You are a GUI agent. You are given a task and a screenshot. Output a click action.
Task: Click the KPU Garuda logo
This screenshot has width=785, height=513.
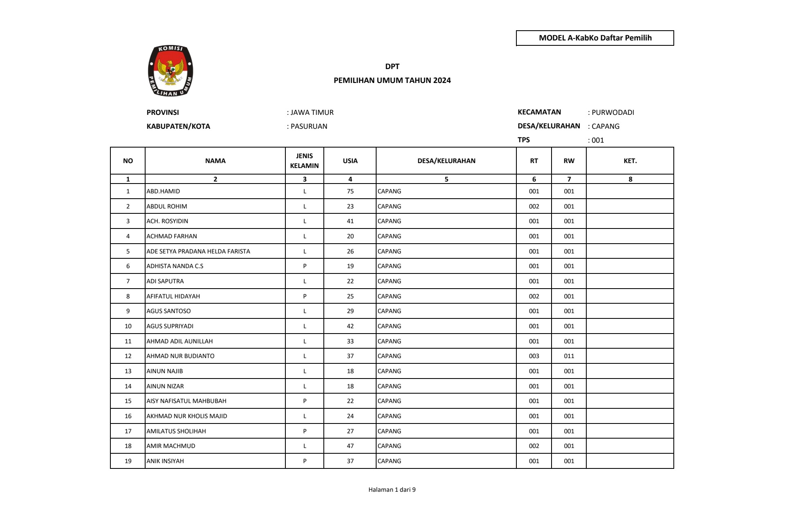click(170, 71)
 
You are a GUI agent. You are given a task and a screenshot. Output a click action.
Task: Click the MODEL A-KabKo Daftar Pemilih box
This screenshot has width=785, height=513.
click(595, 38)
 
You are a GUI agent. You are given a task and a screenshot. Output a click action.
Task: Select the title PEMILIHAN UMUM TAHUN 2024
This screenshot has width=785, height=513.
click(392, 81)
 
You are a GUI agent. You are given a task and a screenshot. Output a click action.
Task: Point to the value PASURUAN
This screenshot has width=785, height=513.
click(309, 126)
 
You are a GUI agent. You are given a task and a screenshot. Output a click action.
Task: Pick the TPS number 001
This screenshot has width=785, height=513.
click(597, 140)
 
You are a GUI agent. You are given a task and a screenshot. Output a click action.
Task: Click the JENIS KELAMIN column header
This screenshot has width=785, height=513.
click(304, 161)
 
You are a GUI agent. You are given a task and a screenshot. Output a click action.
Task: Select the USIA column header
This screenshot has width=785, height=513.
click(350, 161)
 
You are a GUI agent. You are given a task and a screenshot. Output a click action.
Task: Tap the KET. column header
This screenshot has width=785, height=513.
click(630, 161)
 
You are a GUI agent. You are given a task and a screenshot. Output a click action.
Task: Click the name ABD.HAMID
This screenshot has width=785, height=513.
click(163, 191)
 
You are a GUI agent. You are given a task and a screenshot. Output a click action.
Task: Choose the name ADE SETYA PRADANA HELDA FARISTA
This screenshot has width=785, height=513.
click(198, 251)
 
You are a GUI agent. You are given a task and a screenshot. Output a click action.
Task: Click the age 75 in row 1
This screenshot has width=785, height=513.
click(350, 191)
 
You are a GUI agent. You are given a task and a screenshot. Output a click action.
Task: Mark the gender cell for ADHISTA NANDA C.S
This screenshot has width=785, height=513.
click(305, 266)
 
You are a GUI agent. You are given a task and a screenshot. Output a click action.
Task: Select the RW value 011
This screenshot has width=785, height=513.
click(569, 356)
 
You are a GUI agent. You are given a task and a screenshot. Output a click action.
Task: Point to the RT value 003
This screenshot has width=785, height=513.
click(534, 356)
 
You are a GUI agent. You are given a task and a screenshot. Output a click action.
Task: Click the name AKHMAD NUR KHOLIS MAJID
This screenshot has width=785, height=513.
click(187, 416)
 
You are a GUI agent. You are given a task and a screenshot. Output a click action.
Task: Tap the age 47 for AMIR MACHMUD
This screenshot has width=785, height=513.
click(350, 446)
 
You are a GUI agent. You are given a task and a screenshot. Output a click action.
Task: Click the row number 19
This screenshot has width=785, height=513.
click(128, 461)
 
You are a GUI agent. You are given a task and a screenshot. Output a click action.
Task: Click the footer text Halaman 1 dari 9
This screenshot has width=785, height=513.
click(392, 490)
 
